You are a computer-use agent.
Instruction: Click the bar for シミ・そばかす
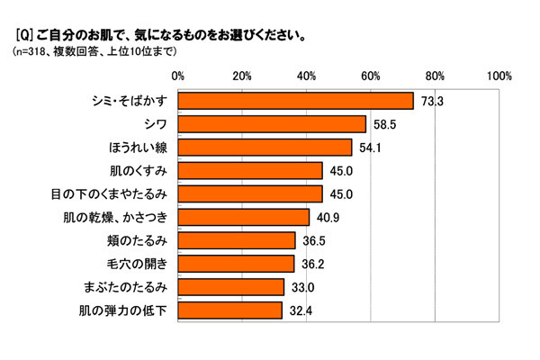tap(295, 100)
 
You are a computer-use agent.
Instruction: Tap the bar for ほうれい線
tap(265, 147)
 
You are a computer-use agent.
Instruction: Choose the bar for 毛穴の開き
tap(236, 264)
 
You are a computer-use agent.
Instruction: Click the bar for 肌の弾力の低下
tap(229, 310)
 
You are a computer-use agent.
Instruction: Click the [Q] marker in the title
tap(24, 37)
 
